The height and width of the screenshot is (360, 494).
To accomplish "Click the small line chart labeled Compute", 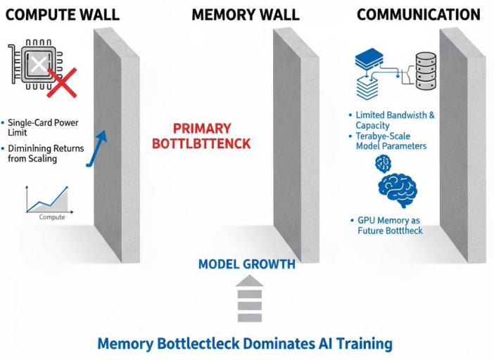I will tap(47, 200).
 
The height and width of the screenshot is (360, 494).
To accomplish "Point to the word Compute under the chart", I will tap(51, 217).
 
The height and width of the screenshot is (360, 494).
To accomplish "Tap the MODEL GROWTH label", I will tap(246, 265).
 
